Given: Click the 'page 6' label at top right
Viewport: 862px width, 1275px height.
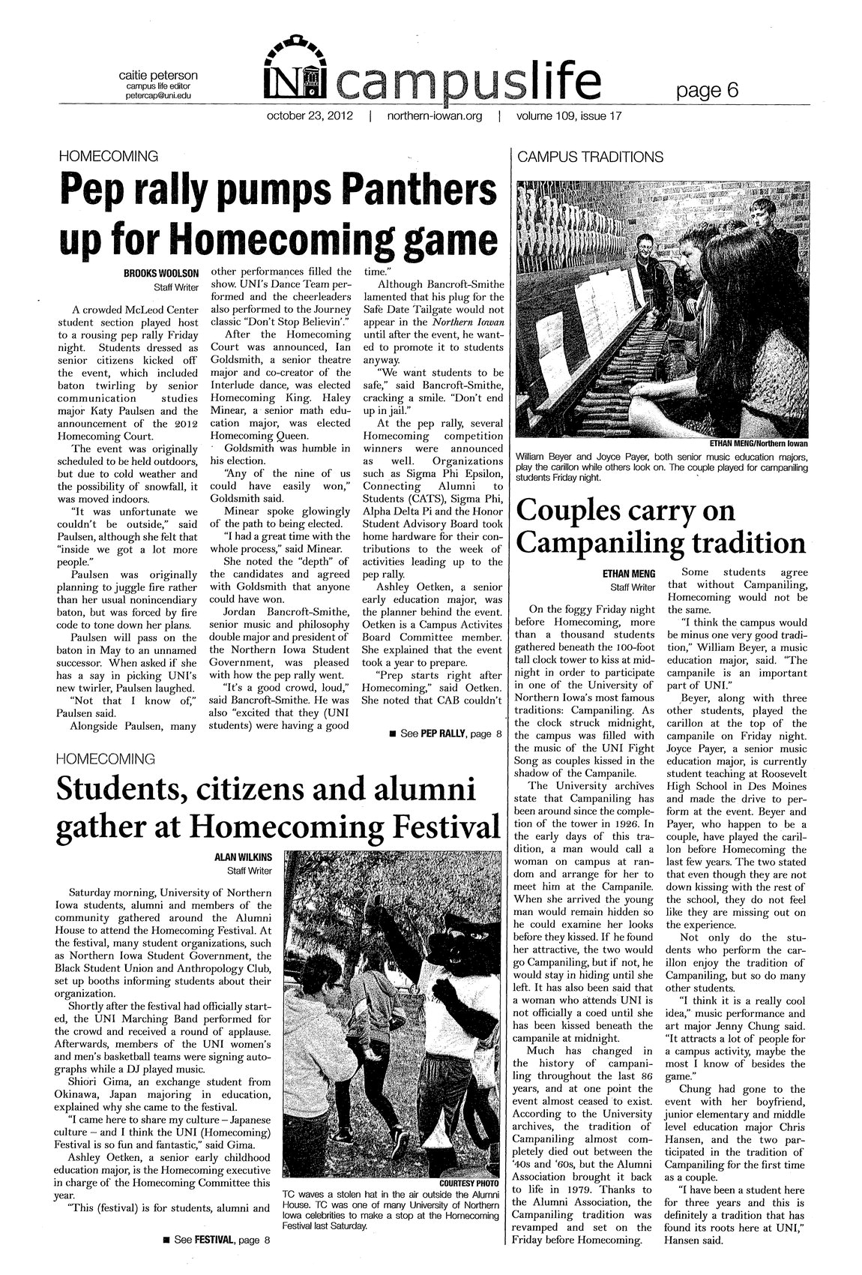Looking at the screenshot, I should coord(707,91).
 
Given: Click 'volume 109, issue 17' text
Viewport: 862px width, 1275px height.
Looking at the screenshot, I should coord(567,117).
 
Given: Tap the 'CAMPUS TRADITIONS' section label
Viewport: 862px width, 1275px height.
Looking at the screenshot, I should coord(590,157).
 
